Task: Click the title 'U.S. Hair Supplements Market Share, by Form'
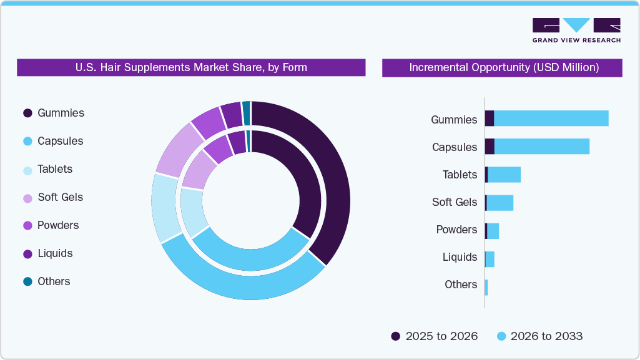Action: point(191,67)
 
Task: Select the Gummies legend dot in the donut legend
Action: point(27,113)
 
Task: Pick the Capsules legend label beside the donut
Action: point(60,141)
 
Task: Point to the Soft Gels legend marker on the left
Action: point(27,197)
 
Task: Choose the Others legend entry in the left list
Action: point(54,281)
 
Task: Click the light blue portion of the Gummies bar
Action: point(551,119)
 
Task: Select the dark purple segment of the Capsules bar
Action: point(490,147)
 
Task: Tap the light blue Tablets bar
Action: point(504,175)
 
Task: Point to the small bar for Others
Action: point(486,288)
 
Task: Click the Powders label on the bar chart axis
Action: point(456,230)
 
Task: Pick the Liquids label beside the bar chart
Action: point(460,257)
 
